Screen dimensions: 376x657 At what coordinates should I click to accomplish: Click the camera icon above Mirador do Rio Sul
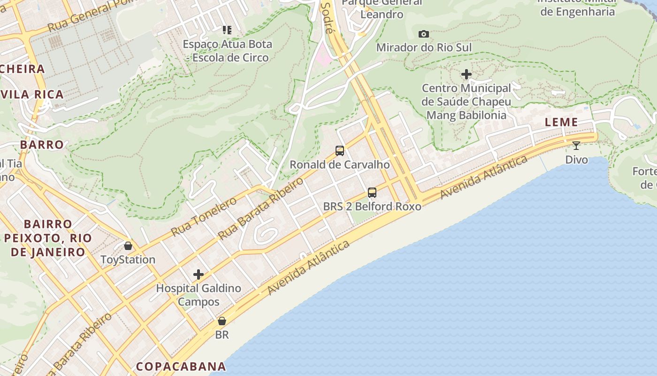pos(423,34)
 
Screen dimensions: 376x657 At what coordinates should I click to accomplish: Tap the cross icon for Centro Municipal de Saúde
pos(466,74)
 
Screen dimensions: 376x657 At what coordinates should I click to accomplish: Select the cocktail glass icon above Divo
pos(576,145)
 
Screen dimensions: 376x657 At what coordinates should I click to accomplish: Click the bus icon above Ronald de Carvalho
pos(340,151)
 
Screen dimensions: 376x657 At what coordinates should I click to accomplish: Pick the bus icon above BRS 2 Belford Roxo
pos(372,192)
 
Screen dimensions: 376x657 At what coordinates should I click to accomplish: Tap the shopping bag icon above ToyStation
pos(128,246)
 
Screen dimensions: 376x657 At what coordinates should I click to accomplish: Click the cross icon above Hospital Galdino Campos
pos(199,274)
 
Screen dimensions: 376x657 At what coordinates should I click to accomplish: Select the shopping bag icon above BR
pos(222,321)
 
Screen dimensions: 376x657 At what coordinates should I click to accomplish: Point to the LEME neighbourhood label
pos(561,122)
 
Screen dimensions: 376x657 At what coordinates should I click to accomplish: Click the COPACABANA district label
pos(181,366)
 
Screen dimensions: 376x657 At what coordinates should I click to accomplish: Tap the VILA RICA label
pos(32,94)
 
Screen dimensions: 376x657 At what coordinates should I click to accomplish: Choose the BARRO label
pos(42,144)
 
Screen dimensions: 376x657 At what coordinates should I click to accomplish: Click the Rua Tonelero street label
pos(204,217)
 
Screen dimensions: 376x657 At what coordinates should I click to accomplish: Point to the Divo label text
pos(576,160)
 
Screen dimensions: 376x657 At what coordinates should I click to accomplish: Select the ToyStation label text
pos(128,259)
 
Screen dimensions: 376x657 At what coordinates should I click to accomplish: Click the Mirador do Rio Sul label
pos(424,47)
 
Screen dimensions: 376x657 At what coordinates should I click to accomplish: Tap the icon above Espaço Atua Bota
pos(227,31)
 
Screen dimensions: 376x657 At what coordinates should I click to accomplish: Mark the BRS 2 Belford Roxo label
pos(372,206)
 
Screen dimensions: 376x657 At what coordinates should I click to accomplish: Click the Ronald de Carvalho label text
pos(340,164)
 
